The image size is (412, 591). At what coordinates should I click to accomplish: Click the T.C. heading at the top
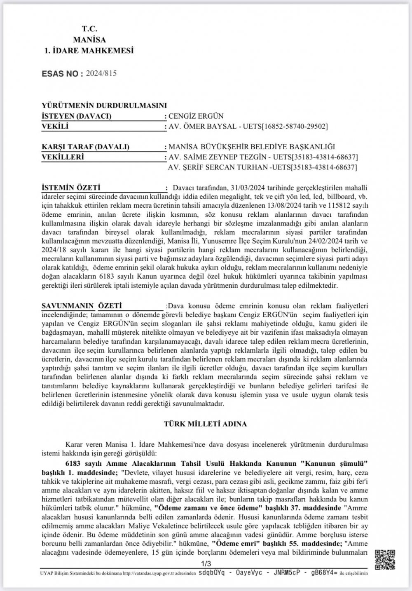[x=89, y=29]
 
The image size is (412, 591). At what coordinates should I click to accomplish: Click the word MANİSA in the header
[x=89, y=40]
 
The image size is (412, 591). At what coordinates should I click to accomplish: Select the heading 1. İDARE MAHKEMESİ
[x=89, y=51]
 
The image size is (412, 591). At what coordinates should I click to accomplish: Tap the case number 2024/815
[x=101, y=73]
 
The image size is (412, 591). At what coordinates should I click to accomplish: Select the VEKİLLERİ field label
[x=63, y=157]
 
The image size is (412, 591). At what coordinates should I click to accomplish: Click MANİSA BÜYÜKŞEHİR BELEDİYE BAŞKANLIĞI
[x=252, y=147]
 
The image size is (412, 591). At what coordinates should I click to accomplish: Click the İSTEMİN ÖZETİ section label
[x=71, y=188]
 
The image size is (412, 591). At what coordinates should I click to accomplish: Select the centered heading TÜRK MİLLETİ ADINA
[x=205, y=424]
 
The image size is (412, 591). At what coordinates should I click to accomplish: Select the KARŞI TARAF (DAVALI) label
[x=86, y=147]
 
